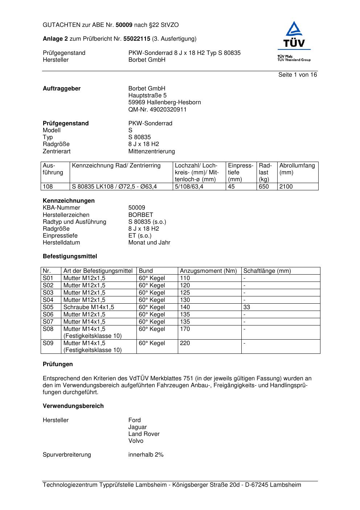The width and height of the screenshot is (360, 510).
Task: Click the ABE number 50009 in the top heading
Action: [x=124, y=25]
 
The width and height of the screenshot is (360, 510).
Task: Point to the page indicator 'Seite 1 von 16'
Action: [x=298, y=75]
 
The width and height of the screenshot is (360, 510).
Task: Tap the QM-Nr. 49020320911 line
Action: [x=157, y=109]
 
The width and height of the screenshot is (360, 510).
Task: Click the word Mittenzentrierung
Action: [x=151, y=151]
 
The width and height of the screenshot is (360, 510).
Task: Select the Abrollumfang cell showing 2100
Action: [x=286, y=187]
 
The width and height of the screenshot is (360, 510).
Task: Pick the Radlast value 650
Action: [x=264, y=187]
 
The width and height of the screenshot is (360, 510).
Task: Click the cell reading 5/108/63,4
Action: [x=189, y=187]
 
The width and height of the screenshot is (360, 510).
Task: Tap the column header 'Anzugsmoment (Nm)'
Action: [x=208, y=271]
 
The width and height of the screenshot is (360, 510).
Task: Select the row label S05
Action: [x=48, y=307]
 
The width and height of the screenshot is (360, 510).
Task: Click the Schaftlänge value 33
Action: [x=247, y=307]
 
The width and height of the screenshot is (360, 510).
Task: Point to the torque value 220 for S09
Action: [x=185, y=343]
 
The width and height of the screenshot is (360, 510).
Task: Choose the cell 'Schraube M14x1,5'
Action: [x=89, y=307]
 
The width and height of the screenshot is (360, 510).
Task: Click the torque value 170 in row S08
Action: [x=185, y=329]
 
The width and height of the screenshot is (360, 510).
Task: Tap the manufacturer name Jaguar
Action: [x=138, y=427]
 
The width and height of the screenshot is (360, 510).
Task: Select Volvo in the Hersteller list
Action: [x=136, y=441]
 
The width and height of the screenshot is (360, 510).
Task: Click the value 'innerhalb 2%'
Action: [x=146, y=455]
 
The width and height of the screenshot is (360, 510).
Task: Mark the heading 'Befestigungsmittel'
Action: [x=70, y=256]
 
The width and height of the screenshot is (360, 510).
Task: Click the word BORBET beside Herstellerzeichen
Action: [x=141, y=215]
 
